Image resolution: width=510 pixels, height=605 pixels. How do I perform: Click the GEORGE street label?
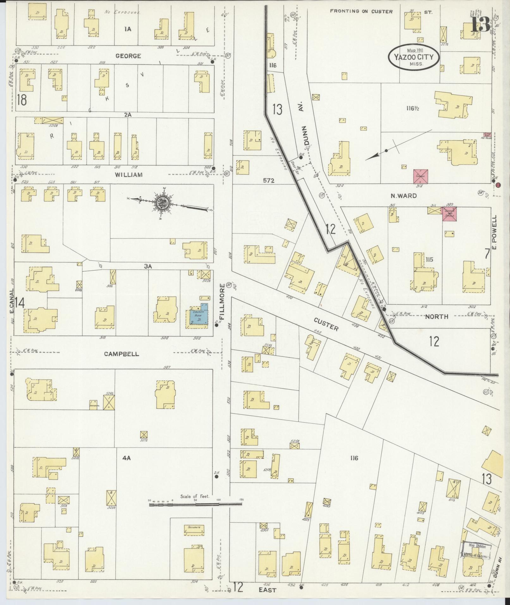click(x=128, y=56)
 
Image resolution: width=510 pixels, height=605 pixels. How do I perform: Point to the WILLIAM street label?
click(x=129, y=175)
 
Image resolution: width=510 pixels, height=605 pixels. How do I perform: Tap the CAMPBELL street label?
click(x=121, y=354)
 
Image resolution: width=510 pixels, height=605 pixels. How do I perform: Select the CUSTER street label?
click(x=326, y=324)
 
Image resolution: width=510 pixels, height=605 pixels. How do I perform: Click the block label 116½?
click(x=415, y=108)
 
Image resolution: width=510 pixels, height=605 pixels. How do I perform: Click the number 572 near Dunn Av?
click(x=268, y=181)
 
